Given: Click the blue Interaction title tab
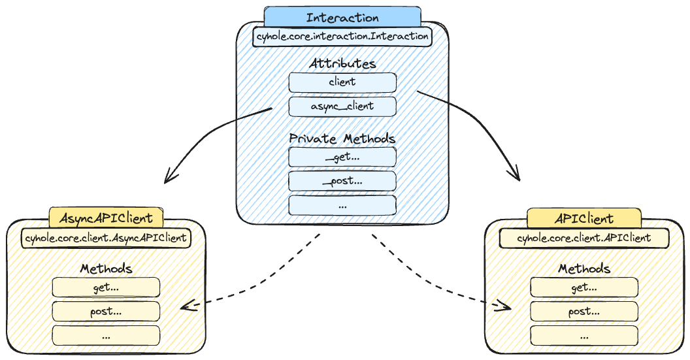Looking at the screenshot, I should [x=342, y=18].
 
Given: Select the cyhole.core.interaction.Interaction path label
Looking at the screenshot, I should [x=342, y=36].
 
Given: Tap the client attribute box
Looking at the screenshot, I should [x=342, y=82].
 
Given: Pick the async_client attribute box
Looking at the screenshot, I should [x=342, y=106].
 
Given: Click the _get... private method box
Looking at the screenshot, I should [x=342, y=157].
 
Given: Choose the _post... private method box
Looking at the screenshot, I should [x=342, y=180].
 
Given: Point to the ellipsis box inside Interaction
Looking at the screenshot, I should [x=342, y=205].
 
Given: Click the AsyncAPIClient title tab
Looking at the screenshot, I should [x=106, y=218].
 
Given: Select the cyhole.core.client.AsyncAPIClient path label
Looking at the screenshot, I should [x=106, y=237].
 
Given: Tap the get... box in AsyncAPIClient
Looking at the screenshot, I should [x=106, y=287].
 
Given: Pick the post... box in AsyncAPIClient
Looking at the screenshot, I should [x=106, y=311].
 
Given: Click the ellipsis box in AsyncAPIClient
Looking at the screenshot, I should [x=106, y=335].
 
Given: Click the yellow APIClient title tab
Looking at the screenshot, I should [x=584, y=218].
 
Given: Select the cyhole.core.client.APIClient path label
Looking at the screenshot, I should [x=584, y=238].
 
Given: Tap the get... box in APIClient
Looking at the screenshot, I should [x=584, y=287].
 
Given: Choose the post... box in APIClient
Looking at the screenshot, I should [x=584, y=311].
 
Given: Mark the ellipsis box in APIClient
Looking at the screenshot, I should [x=584, y=335].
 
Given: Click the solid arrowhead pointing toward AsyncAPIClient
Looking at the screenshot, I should [x=168, y=177].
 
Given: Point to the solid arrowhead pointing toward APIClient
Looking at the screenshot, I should [x=516, y=175].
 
